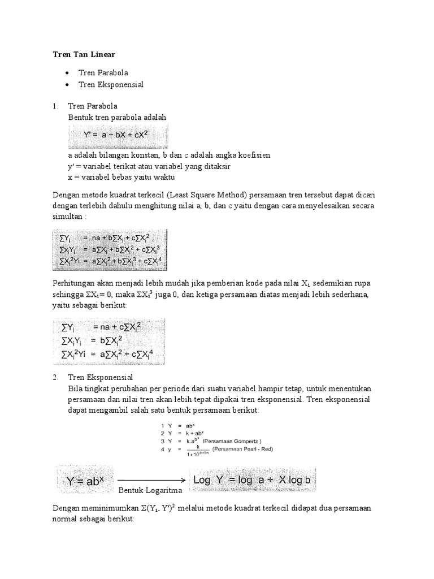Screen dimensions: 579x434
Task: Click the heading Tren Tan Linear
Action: (83, 54)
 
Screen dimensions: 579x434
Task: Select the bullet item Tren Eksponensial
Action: (111, 84)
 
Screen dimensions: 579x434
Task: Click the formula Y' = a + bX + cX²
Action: (117, 136)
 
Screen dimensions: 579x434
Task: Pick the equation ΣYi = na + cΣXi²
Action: (96, 326)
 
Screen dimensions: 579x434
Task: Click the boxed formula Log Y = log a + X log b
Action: (253, 479)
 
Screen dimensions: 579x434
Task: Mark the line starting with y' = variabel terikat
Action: (149, 166)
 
